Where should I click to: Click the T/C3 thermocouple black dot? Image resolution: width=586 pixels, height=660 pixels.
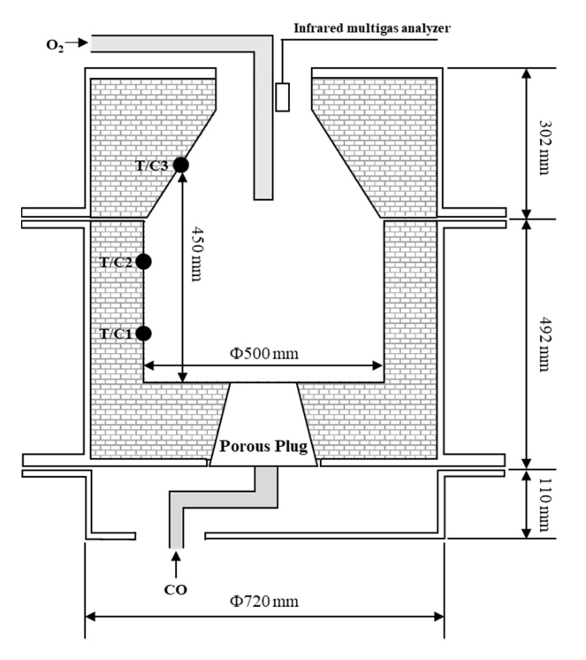click(181, 164)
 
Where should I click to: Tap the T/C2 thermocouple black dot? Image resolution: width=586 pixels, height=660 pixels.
click(144, 261)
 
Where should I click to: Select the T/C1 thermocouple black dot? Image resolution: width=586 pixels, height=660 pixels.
click(144, 333)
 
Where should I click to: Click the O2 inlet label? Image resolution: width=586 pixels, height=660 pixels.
click(54, 42)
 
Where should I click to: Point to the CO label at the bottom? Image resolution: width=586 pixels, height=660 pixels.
click(175, 587)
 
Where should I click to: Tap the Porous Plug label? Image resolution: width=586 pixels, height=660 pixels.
click(263, 445)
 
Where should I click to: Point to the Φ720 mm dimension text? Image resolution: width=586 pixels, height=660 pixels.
click(265, 602)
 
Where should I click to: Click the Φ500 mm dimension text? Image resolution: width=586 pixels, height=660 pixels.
click(264, 354)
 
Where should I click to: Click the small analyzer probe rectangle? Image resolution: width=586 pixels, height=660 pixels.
click(282, 96)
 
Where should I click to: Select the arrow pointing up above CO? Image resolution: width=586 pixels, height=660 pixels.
click(175, 562)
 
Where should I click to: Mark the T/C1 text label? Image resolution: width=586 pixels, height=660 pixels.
click(116, 334)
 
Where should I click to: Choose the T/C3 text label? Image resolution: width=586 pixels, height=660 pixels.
click(152, 165)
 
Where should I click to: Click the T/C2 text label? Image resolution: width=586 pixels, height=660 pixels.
click(116, 262)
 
